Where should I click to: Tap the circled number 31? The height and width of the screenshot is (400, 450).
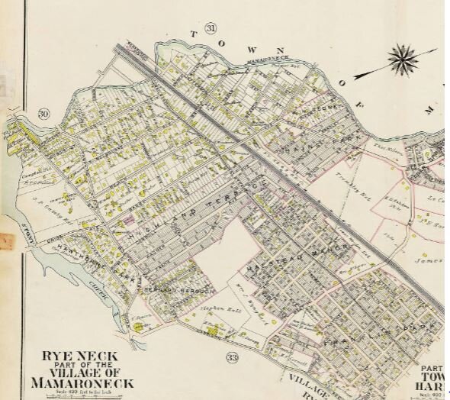coord(211,29)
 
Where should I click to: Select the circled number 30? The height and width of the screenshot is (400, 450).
coord(43,115)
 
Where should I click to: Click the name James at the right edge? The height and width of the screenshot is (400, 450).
coord(429,261)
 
